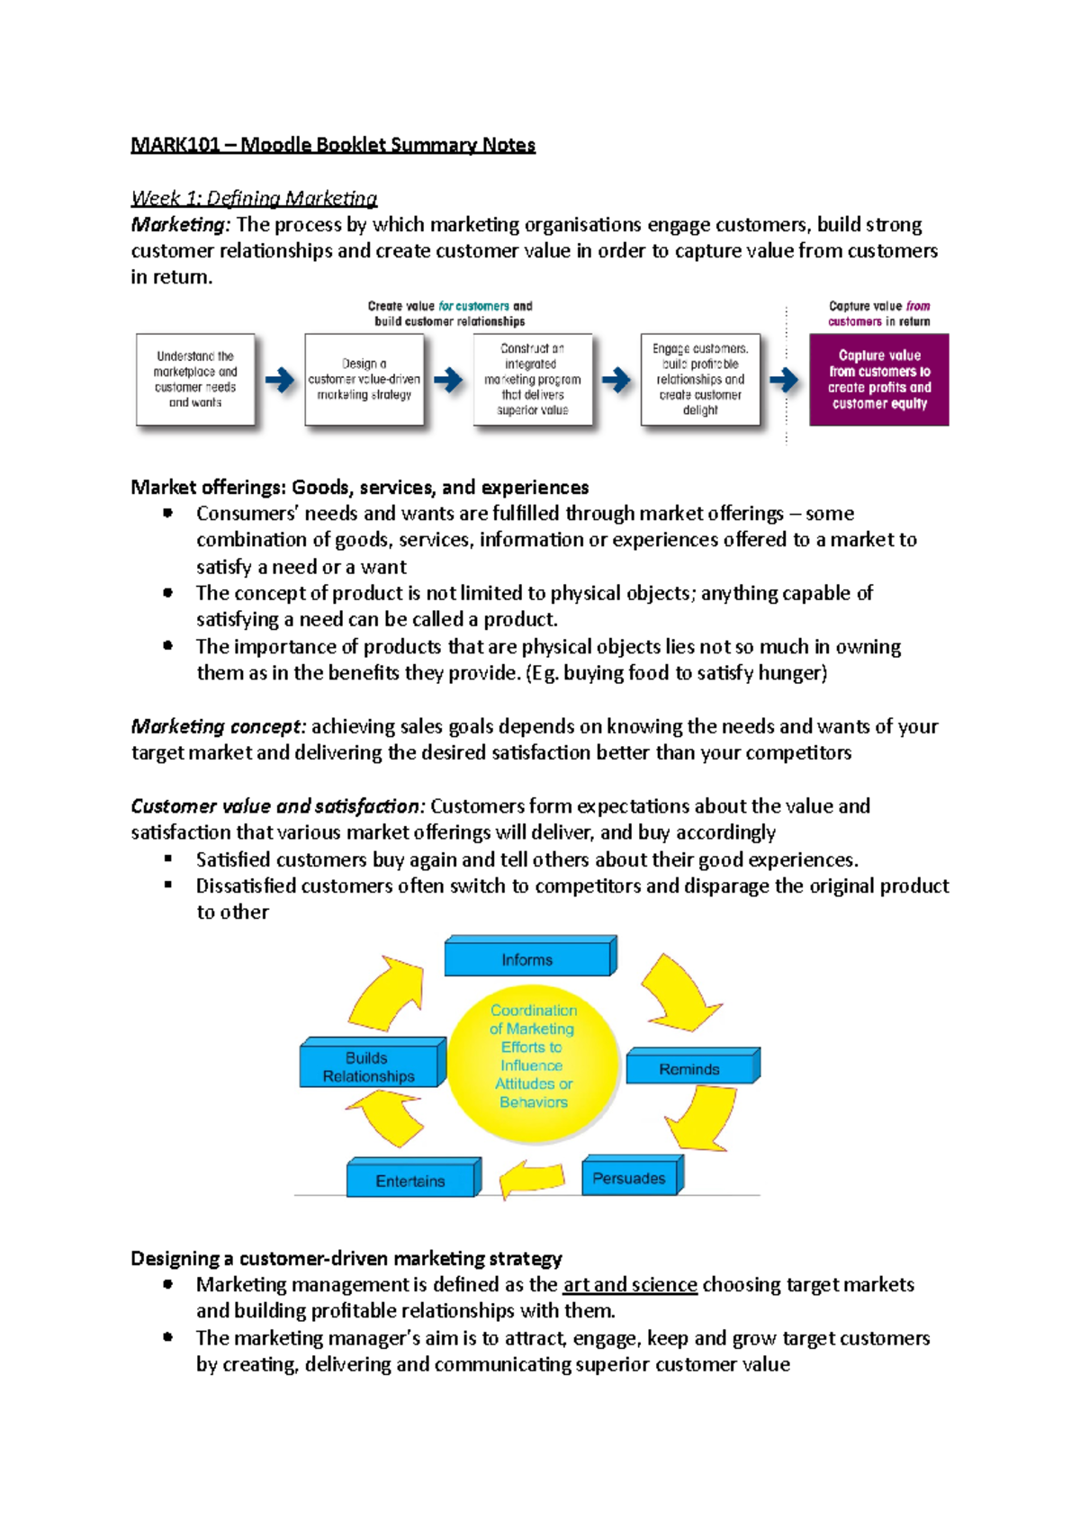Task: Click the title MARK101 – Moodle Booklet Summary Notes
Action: click(x=333, y=145)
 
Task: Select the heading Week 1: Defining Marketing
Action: click(x=254, y=198)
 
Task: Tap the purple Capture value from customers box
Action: click(x=878, y=380)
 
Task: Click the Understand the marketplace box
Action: click(x=195, y=380)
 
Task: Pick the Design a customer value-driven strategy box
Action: click(x=364, y=380)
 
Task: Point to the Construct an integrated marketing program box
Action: click(x=533, y=380)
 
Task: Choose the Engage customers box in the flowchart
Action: click(x=700, y=380)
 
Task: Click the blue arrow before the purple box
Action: click(x=784, y=380)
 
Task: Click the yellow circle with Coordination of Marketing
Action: click(x=534, y=1057)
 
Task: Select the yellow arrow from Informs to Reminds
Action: click(x=679, y=992)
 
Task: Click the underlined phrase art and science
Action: click(x=630, y=1285)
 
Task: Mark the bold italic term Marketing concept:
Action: click(x=219, y=726)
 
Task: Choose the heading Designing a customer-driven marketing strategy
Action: click(x=346, y=1258)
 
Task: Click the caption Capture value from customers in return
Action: click(x=878, y=313)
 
